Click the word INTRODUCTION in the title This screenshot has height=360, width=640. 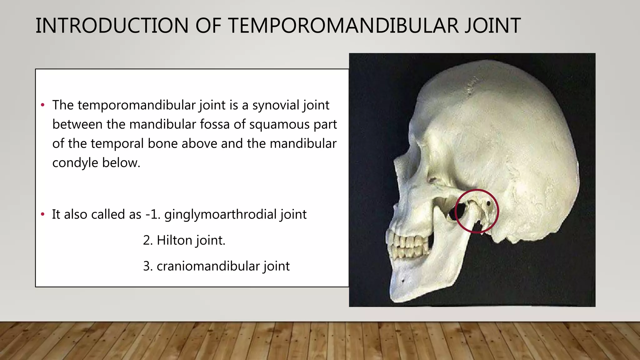(112, 26)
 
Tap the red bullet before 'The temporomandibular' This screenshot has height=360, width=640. (43, 105)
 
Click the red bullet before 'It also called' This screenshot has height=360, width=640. (43, 214)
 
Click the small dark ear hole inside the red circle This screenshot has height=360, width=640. (488, 203)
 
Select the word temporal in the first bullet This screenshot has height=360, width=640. (120, 144)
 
